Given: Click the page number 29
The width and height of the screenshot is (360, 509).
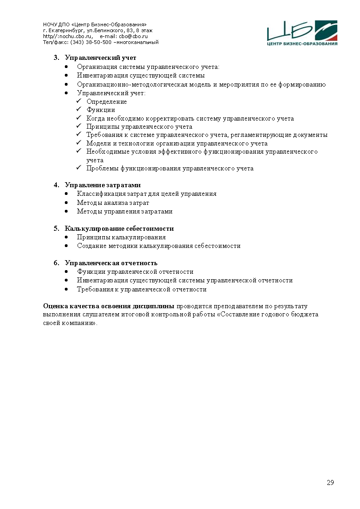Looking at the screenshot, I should (x=330, y=482).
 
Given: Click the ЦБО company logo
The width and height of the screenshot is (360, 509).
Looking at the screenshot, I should (x=302, y=33).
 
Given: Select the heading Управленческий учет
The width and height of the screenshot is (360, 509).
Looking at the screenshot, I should (x=100, y=58).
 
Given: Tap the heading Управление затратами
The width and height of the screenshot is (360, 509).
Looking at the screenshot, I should (x=102, y=185).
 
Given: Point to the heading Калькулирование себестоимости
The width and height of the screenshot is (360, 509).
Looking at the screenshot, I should (x=119, y=228).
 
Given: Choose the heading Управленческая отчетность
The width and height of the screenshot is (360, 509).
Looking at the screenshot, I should (x=111, y=263).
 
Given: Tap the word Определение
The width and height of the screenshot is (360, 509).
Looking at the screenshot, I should (x=107, y=102).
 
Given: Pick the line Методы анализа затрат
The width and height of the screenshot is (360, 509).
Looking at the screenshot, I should (x=113, y=203).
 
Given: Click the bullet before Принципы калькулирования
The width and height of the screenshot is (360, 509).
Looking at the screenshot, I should (x=67, y=237).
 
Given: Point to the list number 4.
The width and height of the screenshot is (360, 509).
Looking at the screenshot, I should (x=56, y=185).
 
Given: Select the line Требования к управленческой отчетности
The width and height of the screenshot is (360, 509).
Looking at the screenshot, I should (x=141, y=289).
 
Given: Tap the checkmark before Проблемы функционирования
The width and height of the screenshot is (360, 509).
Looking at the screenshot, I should (x=78, y=169).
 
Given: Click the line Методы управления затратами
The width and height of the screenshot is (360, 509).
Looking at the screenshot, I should (x=125, y=211).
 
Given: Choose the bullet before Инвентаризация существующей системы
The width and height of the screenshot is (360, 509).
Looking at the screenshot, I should (x=67, y=76).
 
